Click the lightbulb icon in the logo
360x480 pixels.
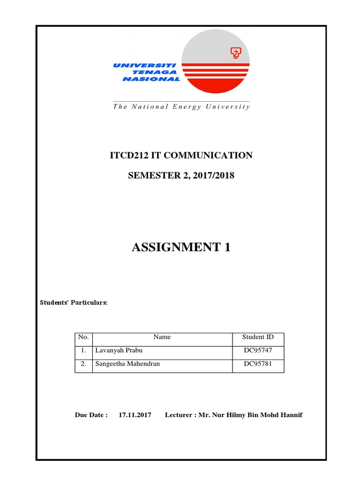(x=235, y=53)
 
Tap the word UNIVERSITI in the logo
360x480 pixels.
(x=144, y=66)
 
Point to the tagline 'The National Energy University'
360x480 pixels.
(x=181, y=106)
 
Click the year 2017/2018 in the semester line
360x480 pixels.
(x=213, y=176)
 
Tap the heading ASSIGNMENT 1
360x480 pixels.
(x=181, y=247)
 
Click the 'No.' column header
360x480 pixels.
(x=83, y=337)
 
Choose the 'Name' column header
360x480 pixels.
(x=162, y=337)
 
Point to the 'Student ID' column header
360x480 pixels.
(x=258, y=337)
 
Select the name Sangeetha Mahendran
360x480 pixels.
(x=127, y=364)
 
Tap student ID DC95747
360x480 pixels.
(x=258, y=351)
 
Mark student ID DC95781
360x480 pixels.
(x=258, y=364)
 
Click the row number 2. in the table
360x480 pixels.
(x=83, y=364)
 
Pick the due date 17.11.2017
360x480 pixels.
(x=135, y=415)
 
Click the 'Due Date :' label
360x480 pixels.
(x=91, y=415)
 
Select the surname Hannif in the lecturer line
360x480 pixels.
(x=291, y=415)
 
